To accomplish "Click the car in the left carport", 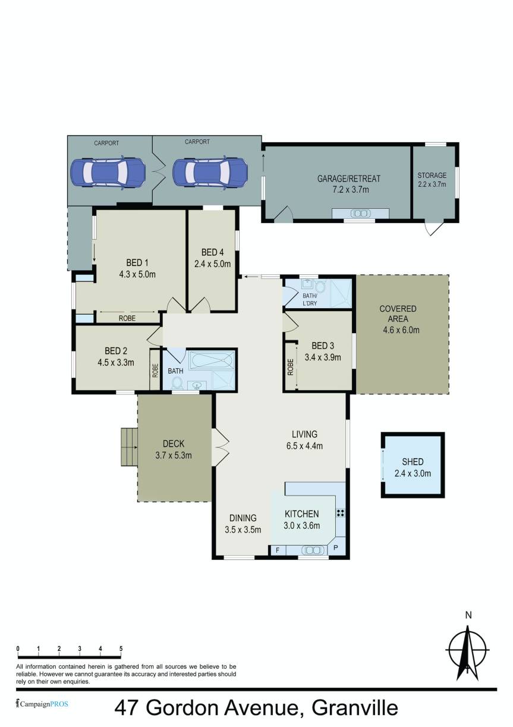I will [x=108, y=173].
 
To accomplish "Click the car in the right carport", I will [x=210, y=173].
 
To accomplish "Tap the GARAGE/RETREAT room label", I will [x=348, y=178].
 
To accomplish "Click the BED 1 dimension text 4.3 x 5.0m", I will [x=137, y=274].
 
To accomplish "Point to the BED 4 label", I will [x=213, y=252].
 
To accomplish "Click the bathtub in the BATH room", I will [x=212, y=362].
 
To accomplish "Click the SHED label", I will [x=412, y=462].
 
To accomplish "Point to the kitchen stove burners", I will [x=341, y=513].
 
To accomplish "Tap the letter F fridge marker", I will [x=277, y=550].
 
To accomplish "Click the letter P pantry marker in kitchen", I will [x=336, y=548].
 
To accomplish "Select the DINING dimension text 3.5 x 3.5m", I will [x=243, y=529].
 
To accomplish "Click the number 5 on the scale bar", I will [x=121, y=648].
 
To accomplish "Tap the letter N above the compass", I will [x=468, y=615].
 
